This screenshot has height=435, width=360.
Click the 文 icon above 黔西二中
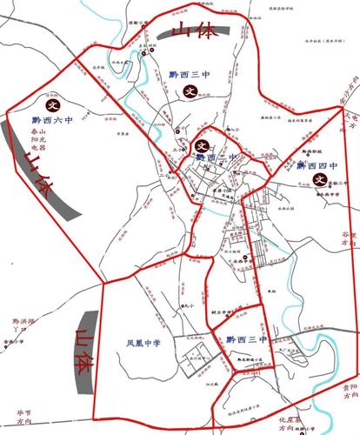coord(203,145)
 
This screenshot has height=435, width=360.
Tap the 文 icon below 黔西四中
coord(319,180)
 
